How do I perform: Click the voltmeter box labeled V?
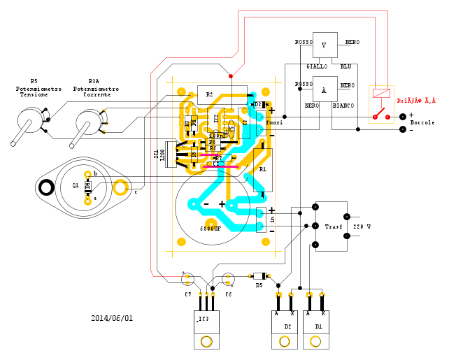[325, 45]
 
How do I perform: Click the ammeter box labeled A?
[325, 89]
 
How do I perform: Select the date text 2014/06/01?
[111, 318]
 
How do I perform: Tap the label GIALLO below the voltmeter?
[317, 66]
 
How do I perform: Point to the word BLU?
[345, 66]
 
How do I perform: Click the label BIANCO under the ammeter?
[343, 106]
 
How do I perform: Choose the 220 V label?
[362, 226]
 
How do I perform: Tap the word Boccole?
[422, 122]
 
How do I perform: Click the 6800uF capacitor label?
[211, 228]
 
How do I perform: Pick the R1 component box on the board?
[263, 169]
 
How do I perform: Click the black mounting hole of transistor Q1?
[46, 187]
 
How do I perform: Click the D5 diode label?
[259, 285]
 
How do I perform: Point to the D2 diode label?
[287, 326]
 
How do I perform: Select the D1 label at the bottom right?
[318, 326]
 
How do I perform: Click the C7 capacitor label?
[188, 294]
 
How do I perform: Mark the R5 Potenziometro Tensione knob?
[31, 122]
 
